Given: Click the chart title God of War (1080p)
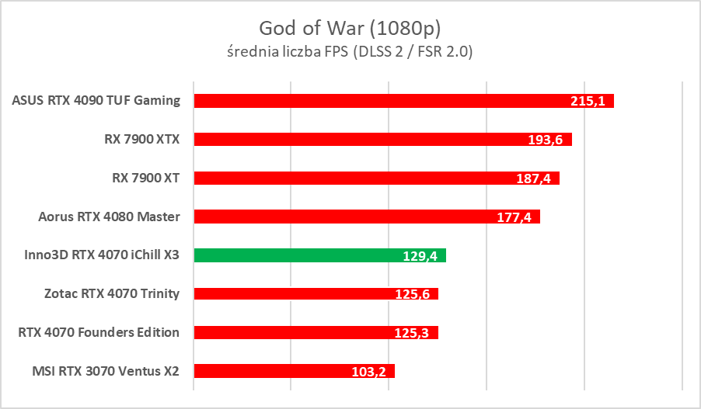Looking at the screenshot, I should (350, 29).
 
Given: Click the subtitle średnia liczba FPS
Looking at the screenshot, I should (350, 52).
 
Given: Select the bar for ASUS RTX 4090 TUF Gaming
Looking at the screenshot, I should (373, 101).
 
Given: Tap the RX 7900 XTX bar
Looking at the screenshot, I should (357, 139).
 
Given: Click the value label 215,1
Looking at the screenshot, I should (589, 102).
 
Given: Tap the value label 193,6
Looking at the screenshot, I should (547, 140).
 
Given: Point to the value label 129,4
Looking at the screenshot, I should (421, 255).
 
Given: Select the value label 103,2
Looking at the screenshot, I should (370, 372).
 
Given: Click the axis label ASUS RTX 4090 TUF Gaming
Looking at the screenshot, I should (96, 100).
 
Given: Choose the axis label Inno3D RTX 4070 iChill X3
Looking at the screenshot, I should (96, 255).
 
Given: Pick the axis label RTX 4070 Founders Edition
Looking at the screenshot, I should (99, 332).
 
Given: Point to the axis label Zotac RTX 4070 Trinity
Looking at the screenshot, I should (112, 293).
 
